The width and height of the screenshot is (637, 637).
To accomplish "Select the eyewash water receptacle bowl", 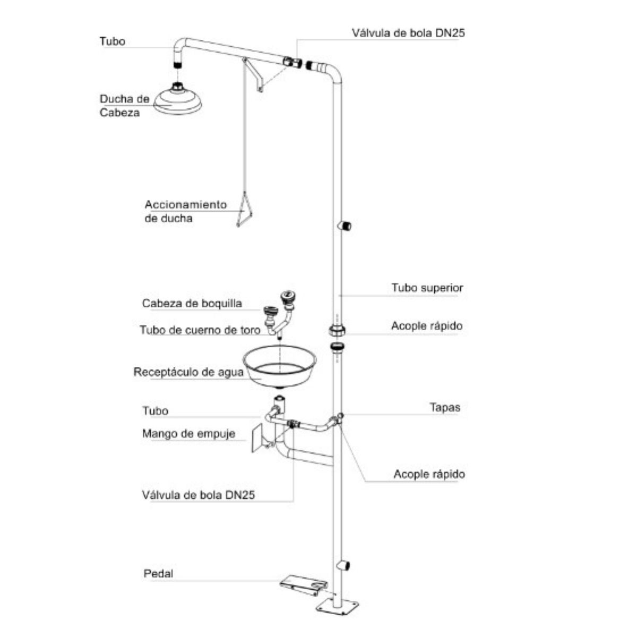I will tap(279, 366).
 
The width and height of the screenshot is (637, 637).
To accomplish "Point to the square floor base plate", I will tap(338, 606).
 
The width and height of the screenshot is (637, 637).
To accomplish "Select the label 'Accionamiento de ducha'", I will tap(185, 211).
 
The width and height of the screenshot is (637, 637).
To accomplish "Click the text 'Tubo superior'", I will tap(427, 288).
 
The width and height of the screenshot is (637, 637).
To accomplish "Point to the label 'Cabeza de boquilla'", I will tap(192, 304).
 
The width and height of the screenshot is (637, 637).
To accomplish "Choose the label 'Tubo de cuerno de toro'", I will tap(200, 330).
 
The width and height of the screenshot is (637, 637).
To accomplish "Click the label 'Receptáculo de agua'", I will tap(188, 372).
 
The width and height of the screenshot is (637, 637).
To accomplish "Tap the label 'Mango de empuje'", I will tap(188, 434).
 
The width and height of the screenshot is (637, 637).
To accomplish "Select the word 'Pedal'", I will tap(158, 574).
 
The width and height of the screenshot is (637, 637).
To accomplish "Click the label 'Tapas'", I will tap(444, 408).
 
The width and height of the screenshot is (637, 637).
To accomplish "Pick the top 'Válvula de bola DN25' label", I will tap(408, 33).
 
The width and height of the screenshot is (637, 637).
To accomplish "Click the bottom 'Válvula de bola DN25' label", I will tap(199, 495).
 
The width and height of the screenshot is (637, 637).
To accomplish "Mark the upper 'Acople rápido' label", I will tap(426, 325).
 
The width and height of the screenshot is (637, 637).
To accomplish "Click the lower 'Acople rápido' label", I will tap(429, 474).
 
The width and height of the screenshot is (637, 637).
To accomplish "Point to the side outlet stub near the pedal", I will tap(346, 565).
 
